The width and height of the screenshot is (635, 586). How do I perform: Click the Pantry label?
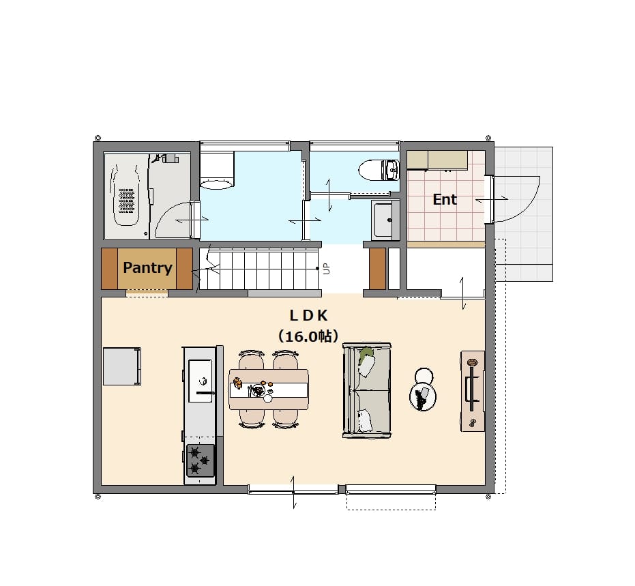[147, 267]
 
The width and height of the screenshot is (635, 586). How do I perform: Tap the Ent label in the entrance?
[445, 199]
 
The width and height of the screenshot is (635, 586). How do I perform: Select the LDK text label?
[308, 315]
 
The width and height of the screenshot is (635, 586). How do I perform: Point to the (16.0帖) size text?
[308, 336]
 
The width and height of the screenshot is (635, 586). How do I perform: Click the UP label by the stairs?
[327, 269]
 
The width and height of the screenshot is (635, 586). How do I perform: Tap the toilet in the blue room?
[379, 170]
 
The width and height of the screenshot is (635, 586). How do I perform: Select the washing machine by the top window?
[217, 171]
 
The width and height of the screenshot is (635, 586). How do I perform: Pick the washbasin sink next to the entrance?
[385, 220]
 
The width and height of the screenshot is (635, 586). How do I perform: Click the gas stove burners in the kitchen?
[200, 460]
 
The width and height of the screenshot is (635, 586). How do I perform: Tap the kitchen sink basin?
[201, 381]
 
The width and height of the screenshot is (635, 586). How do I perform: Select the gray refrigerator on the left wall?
[122, 366]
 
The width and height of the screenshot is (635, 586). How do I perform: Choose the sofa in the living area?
[367, 391]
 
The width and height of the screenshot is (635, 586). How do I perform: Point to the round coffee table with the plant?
[423, 397]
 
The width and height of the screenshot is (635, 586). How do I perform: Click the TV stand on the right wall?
[473, 391]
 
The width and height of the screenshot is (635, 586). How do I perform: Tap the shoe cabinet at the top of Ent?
[437, 160]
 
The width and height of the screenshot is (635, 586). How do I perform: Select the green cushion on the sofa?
[366, 354]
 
